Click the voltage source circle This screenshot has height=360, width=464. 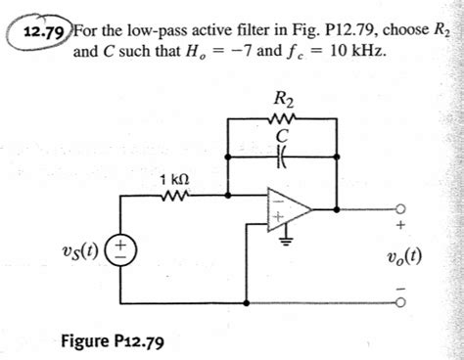coord(122,245)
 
